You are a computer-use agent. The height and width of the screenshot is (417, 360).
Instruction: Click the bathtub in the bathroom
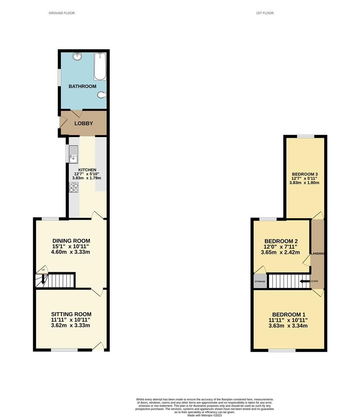[x=100, y=66]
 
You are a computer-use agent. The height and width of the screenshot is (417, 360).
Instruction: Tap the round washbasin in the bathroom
[x=77, y=56]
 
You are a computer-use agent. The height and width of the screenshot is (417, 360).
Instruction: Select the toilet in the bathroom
[x=102, y=95]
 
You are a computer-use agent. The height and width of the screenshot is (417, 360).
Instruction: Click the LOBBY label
[x=83, y=124]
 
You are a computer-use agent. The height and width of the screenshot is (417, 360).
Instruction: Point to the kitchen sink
[x=73, y=154]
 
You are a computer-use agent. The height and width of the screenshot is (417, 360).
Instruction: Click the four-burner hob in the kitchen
[x=74, y=188]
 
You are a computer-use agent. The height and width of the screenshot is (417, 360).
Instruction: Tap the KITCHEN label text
[x=87, y=170]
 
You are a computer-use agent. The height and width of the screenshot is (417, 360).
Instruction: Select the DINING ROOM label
[x=71, y=241]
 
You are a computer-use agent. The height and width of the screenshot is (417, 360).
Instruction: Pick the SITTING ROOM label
[x=71, y=314]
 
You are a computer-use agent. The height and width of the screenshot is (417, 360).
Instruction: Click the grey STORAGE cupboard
[x=260, y=281]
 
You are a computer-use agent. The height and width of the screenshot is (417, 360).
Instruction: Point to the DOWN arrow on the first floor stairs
[x=305, y=281]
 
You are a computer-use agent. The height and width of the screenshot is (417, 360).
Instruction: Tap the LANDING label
[x=318, y=253]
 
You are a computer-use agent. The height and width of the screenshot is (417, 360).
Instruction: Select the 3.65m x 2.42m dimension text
[x=280, y=253]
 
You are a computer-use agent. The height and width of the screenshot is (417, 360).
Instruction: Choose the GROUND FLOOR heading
[x=62, y=13]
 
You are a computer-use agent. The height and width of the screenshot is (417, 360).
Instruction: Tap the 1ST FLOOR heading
[x=265, y=13]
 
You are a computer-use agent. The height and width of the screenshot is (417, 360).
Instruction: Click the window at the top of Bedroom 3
[x=306, y=136]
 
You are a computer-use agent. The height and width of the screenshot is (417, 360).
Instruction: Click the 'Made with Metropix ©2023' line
[x=204, y=415]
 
